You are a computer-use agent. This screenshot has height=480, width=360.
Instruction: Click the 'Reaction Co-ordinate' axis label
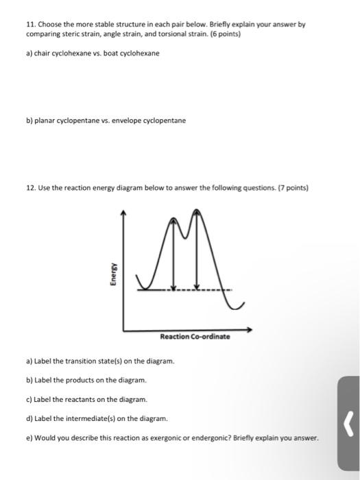tap(195, 337)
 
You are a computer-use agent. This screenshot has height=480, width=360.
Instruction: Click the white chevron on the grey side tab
tap(348, 431)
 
